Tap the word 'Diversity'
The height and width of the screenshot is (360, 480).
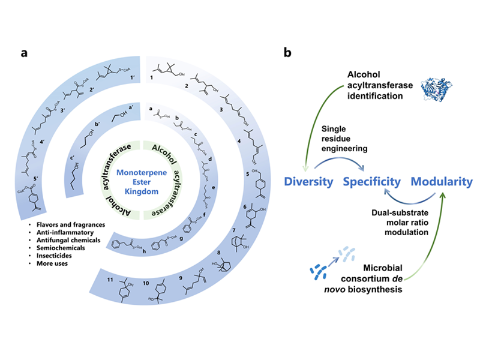pyautogui.click(x=307, y=181)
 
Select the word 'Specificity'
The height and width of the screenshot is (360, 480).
pyautogui.click(x=372, y=181)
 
